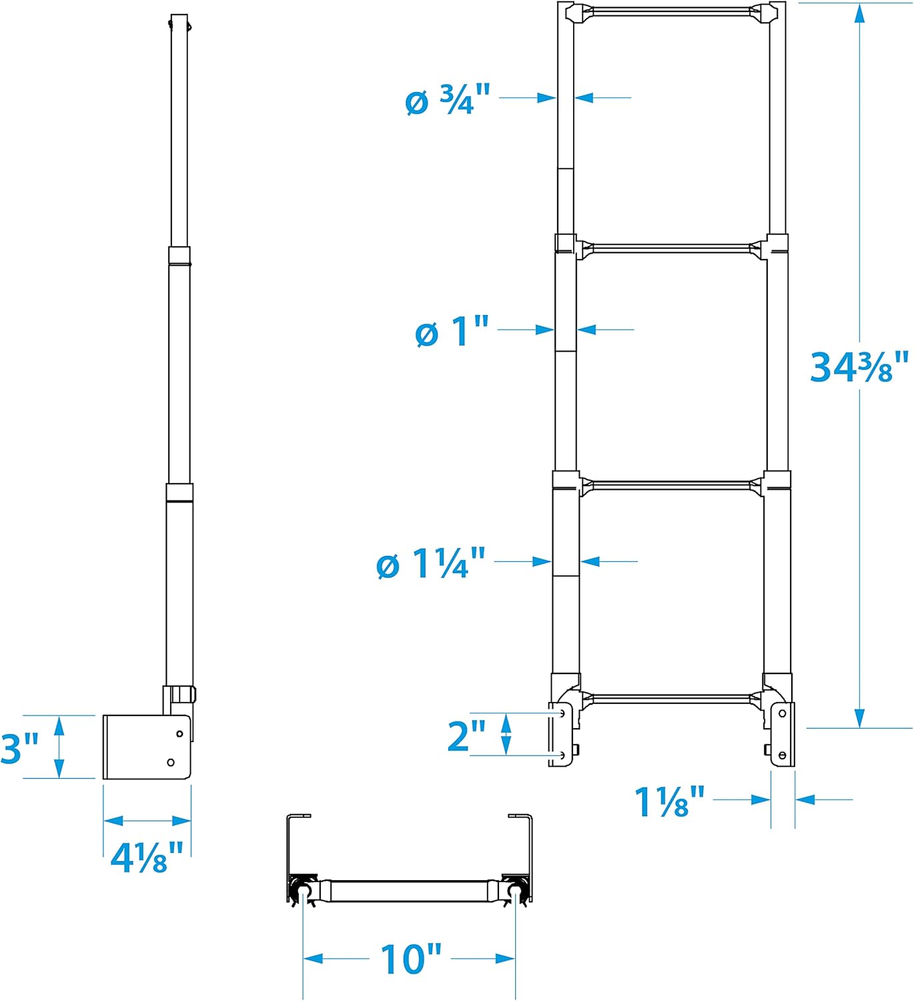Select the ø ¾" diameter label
(448, 100)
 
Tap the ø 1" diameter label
(452, 331)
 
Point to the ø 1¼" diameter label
(431, 563)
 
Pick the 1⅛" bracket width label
(669, 801)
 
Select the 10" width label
(410, 960)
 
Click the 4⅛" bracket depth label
(147, 857)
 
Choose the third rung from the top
(671, 485)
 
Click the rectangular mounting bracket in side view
(146, 747)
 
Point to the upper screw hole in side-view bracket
(179, 733)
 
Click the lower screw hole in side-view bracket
(171, 762)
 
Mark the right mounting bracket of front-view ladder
(782, 734)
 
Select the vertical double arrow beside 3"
(60, 747)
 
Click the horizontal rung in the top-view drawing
(410, 890)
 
